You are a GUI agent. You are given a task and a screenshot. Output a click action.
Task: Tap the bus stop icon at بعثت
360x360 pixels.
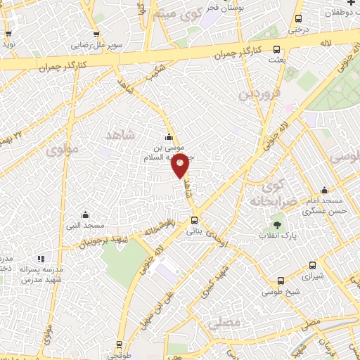[276, 50]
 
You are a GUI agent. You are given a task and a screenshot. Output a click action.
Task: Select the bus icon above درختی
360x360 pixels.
[299, 19]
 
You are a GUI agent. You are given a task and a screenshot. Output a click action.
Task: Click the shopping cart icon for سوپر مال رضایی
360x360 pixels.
[96, 34]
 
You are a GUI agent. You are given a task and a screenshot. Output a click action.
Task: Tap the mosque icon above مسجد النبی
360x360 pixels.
[85, 214]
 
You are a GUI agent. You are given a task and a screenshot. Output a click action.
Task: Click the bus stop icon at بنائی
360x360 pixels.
[195, 220]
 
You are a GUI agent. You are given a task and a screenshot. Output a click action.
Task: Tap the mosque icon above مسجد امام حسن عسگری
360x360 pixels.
[324, 190]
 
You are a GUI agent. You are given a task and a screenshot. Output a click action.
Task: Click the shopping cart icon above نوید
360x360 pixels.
[8, 32]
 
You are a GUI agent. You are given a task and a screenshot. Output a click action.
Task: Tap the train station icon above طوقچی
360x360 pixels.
[119, 344]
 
